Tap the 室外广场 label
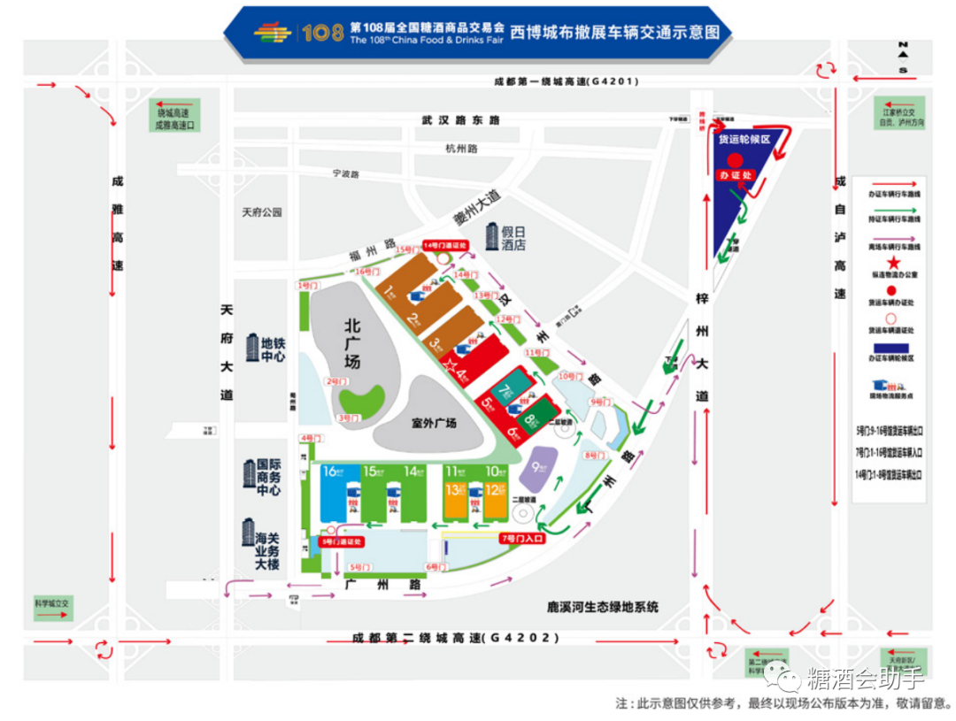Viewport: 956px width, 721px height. point(434,424)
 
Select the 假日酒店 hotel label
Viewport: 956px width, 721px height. point(505,237)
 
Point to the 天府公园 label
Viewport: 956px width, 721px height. point(261,212)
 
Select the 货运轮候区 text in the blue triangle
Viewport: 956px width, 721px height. point(744,140)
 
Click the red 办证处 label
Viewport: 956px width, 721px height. point(735,175)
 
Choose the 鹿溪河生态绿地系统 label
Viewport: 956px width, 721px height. point(604,608)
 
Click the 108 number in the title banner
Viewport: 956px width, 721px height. point(321,33)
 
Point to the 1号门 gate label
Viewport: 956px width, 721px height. point(306,286)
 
